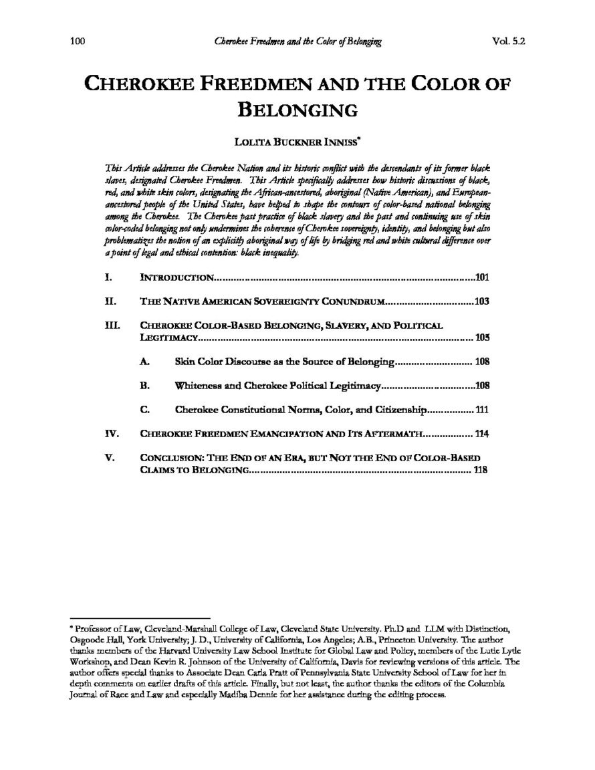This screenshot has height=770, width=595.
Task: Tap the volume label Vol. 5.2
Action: pyautogui.click(x=508, y=41)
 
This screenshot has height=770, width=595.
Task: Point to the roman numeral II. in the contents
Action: pyautogui.click(x=111, y=301)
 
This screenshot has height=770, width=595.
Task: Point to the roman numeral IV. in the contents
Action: pyautogui.click(x=112, y=434)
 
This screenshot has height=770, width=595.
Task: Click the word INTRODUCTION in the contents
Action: pyautogui.click(x=176, y=276)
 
